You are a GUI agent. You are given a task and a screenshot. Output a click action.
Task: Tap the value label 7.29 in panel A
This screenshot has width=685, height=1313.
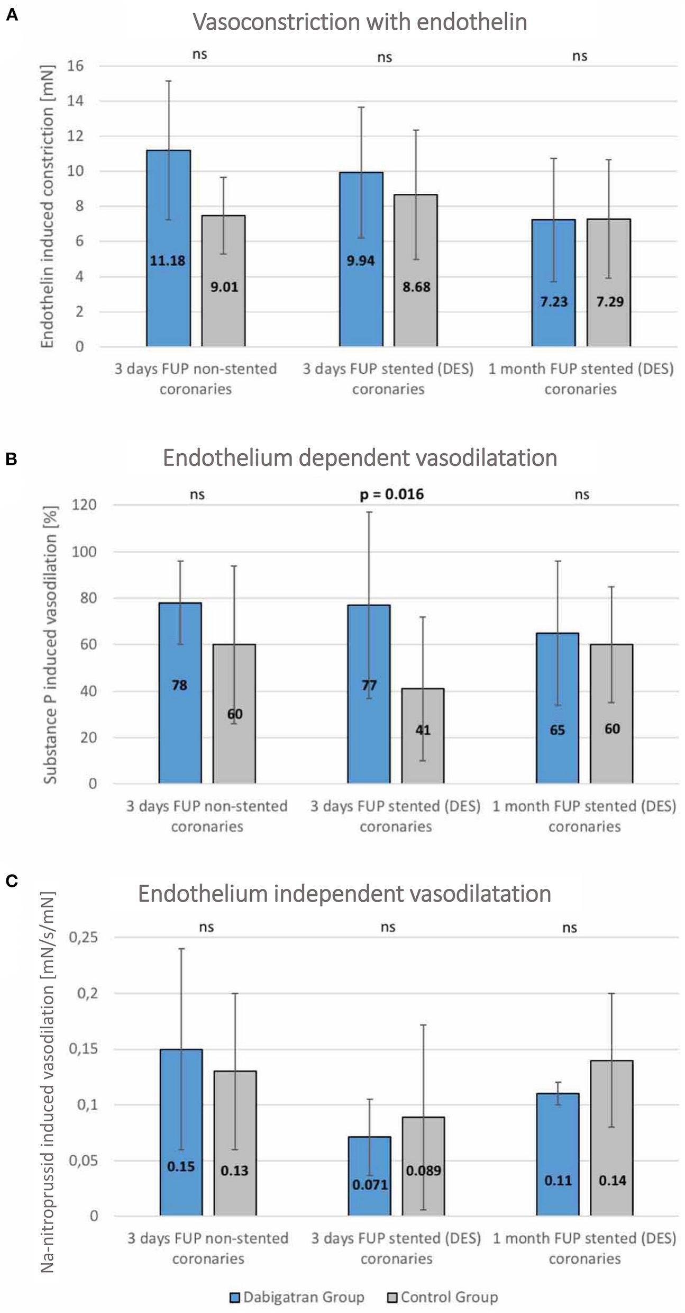pos(610,302)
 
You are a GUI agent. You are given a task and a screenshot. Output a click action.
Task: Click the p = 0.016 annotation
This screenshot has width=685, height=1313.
pos(392,494)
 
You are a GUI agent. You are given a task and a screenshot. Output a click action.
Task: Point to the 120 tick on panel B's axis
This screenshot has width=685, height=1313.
pos(85,505)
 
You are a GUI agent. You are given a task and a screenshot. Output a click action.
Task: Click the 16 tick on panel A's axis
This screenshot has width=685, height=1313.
pos(76,66)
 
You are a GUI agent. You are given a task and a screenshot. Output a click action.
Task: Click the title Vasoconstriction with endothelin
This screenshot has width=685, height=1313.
pos(360,22)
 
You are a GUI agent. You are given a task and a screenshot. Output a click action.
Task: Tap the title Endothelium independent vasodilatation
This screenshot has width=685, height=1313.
pos(344,893)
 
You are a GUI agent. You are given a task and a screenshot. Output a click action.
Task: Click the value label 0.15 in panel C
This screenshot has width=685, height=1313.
pos(181,1166)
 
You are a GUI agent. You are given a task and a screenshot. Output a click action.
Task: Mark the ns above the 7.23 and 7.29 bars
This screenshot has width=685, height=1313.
pos(580,56)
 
